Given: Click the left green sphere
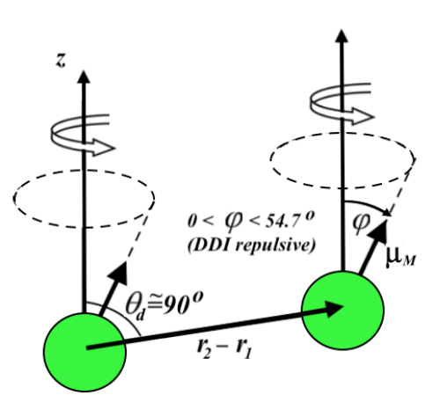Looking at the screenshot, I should point(85,346).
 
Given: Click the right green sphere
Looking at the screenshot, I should point(342,310).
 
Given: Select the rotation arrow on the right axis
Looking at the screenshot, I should point(340,92).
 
